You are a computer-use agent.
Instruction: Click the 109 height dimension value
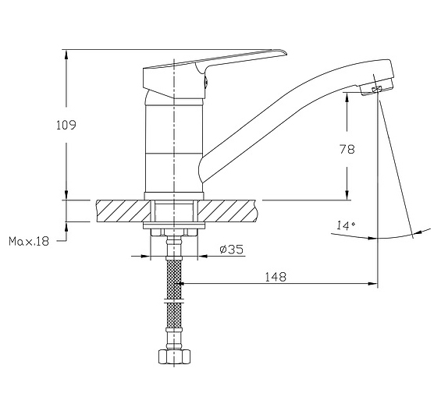click(66, 125)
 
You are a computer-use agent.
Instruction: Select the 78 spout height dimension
click(347, 150)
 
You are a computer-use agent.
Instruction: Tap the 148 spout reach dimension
click(276, 277)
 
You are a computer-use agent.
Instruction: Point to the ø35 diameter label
click(231, 250)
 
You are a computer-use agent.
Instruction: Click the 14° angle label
click(346, 225)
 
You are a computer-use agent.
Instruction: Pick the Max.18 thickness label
click(29, 241)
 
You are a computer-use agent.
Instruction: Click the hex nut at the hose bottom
click(174, 356)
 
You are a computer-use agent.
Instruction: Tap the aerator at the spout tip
click(376, 89)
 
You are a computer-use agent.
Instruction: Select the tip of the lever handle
click(286, 53)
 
